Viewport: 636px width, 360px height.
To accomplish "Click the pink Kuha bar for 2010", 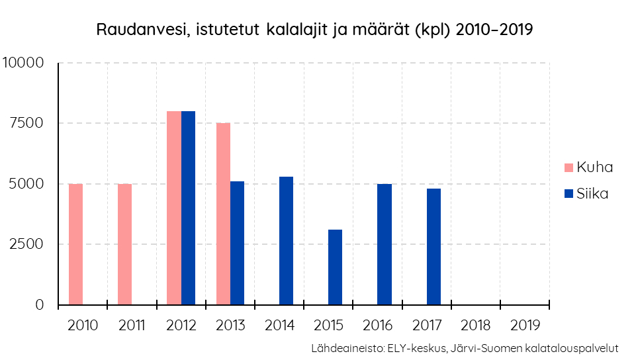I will coord(75,244).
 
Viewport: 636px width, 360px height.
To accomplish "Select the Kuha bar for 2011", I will coord(124,244).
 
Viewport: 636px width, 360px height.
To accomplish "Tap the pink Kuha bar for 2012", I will coord(173,208).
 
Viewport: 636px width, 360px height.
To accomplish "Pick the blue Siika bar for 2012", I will coord(188,208).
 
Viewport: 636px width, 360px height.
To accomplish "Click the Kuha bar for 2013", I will coord(223,214).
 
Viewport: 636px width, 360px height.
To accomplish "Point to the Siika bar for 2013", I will coord(237,243).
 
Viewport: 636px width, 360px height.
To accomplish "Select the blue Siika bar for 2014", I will coord(286,241).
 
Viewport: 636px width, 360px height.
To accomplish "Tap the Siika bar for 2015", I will coord(335,267).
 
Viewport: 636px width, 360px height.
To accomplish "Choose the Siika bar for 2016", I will coord(384,244).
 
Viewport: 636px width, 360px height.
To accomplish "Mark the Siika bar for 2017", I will coord(433,247).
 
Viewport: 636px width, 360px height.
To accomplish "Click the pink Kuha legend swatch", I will coord(568,167).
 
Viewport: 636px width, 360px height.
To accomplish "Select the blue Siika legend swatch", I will coord(568,194).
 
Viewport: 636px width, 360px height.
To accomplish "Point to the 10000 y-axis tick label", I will coord(23,63).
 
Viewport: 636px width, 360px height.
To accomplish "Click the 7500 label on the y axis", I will coord(27,123).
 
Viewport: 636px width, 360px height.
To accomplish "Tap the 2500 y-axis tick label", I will coord(27,244).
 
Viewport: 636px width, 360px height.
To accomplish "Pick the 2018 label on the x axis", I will coord(477,326).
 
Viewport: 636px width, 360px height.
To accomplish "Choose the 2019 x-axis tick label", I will coord(525,326).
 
